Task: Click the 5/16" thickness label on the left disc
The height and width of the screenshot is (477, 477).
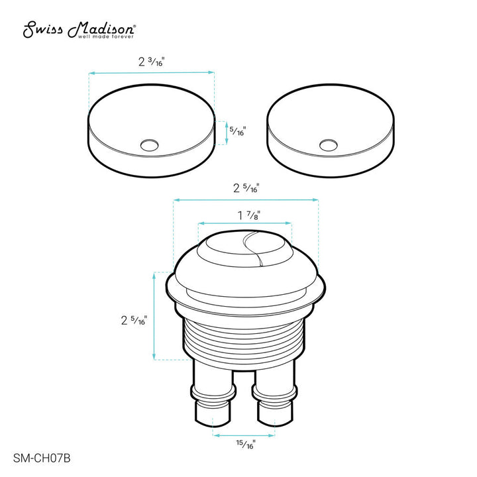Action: click(x=237, y=131)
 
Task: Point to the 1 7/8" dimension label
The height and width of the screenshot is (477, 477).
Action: click(x=244, y=215)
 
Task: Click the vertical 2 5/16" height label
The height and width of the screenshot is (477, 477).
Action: click(x=134, y=321)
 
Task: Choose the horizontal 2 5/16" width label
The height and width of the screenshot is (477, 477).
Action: click(x=244, y=187)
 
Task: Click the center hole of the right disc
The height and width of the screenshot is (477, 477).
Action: click(x=328, y=143)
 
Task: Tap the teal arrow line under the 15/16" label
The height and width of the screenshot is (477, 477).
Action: click(x=244, y=435)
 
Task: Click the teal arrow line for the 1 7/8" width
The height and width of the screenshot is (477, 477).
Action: click(x=244, y=224)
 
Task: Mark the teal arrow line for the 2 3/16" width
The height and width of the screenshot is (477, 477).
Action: click(x=152, y=72)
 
